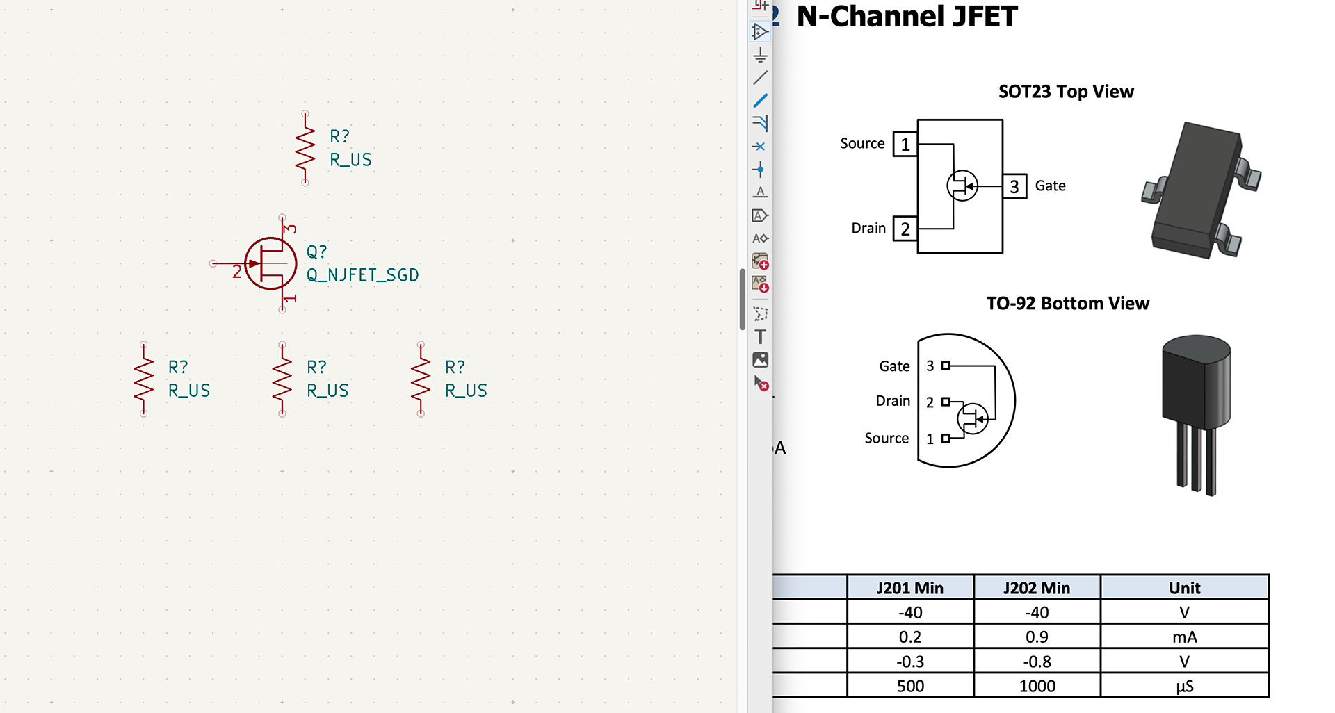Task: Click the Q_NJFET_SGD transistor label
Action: point(362,275)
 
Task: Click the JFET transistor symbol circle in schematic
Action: point(270,263)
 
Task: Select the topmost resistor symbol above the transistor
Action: point(305,148)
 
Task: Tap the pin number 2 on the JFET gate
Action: point(236,272)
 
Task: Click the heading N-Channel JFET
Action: point(907,17)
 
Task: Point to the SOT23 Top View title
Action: point(1066,92)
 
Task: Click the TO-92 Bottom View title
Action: point(1067,304)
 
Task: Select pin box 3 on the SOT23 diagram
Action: point(1014,186)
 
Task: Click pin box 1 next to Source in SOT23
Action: point(905,145)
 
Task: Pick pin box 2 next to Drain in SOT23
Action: point(905,229)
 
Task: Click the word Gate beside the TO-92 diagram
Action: point(894,366)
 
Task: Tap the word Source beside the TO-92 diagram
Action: point(887,438)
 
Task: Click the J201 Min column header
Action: point(909,588)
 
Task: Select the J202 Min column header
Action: point(1037,588)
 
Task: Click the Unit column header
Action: point(1184,588)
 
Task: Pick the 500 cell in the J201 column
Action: point(909,686)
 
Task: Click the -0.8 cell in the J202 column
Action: point(1037,662)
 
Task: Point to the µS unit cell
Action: point(1184,686)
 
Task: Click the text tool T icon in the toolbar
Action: point(760,337)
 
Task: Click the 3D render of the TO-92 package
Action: point(1197,410)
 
